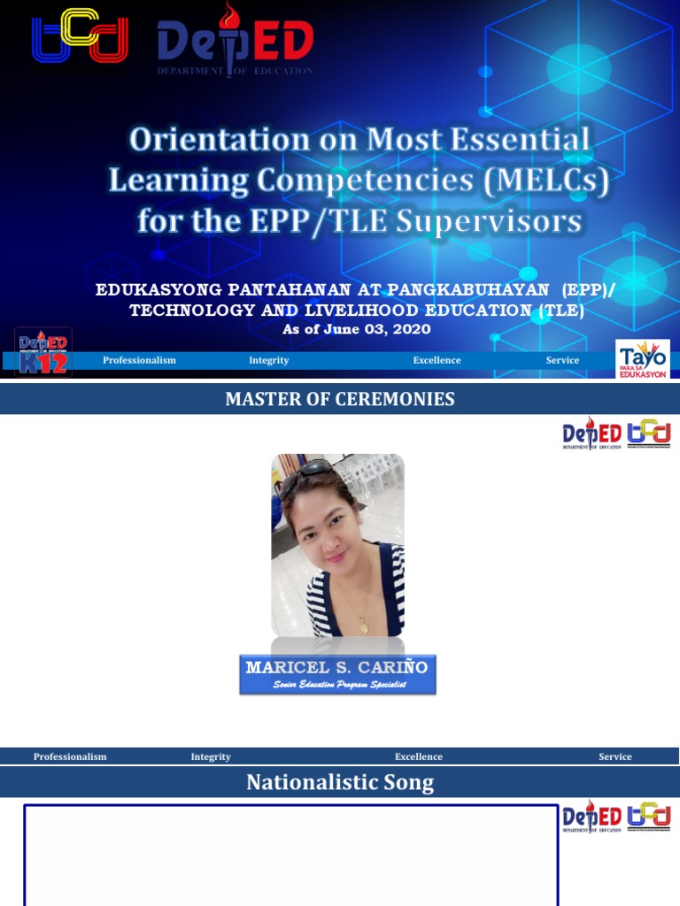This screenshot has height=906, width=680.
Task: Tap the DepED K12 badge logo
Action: pyautogui.click(x=43, y=352)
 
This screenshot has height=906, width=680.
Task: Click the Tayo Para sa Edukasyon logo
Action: pyautogui.click(x=643, y=358)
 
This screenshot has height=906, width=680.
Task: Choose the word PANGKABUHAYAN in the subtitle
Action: pyautogui.click(x=478, y=290)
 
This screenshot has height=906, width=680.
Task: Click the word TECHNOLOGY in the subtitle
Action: pyautogui.click(x=192, y=310)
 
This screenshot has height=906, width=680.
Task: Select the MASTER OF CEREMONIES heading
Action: pyautogui.click(x=340, y=399)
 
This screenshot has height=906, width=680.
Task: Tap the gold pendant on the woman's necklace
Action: pyautogui.click(x=363, y=626)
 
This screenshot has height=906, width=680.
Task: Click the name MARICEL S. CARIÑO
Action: pyautogui.click(x=336, y=667)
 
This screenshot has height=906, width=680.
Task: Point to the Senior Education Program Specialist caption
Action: pyautogui.click(x=337, y=685)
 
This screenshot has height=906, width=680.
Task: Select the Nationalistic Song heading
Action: pyautogui.click(x=340, y=782)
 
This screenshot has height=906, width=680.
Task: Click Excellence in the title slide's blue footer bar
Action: pyautogui.click(x=437, y=360)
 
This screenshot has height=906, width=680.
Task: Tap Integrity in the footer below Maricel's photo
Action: pyautogui.click(x=211, y=756)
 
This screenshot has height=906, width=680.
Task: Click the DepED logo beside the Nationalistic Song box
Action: pyautogui.click(x=592, y=818)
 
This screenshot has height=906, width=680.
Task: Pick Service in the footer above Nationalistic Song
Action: pyautogui.click(x=615, y=756)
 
